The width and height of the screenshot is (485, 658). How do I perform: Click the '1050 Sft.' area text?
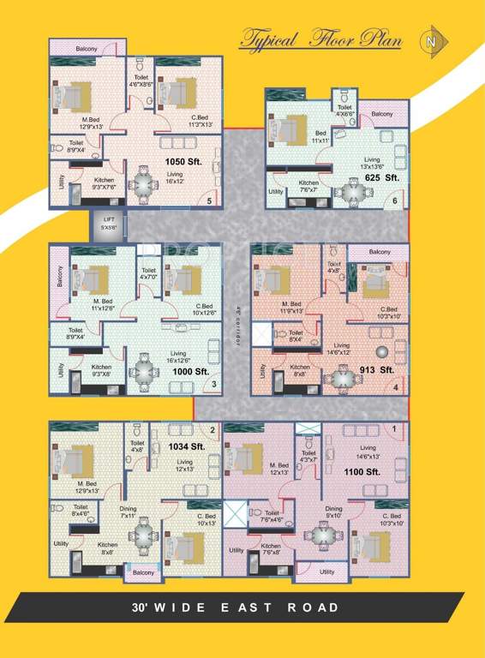point(183,160)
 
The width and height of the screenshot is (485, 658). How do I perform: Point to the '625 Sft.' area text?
point(382,177)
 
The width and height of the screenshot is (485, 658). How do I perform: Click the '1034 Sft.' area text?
point(186,446)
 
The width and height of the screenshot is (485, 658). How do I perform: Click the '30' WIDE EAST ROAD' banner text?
point(236,607)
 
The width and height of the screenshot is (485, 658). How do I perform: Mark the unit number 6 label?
point(394,201)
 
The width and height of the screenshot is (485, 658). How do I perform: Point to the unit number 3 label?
point(213,384)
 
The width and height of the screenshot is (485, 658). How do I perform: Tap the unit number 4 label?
point(395,387)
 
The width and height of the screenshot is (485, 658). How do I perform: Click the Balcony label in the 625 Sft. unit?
point(381,113)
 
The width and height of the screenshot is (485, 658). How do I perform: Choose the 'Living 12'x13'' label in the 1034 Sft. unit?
point(185,465)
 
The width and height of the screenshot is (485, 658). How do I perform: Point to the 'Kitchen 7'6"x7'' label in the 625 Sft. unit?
point(308,187)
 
